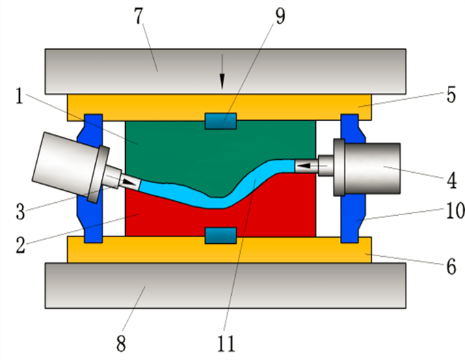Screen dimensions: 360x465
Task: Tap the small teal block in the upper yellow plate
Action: pos(221,122)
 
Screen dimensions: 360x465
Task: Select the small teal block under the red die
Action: pos(221,235)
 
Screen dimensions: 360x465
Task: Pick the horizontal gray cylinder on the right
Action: pos(373,168)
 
